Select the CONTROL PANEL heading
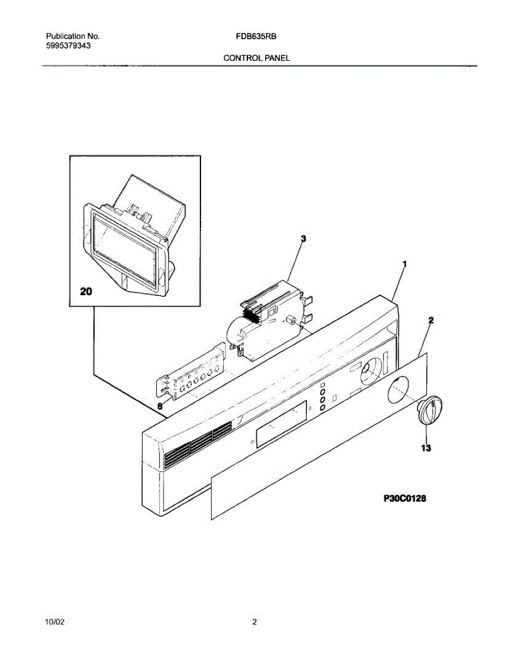click(x=257, y=58)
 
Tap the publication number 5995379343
click(x=69, y=46)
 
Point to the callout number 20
click(x=87, y=291)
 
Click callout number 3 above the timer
click(x=303, y=238)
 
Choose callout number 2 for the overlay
click(x=431, y=320)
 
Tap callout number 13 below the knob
click(x=426, y=447)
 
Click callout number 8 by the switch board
click(x=160, y=407)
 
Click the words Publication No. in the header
click(x=73, y=36)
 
